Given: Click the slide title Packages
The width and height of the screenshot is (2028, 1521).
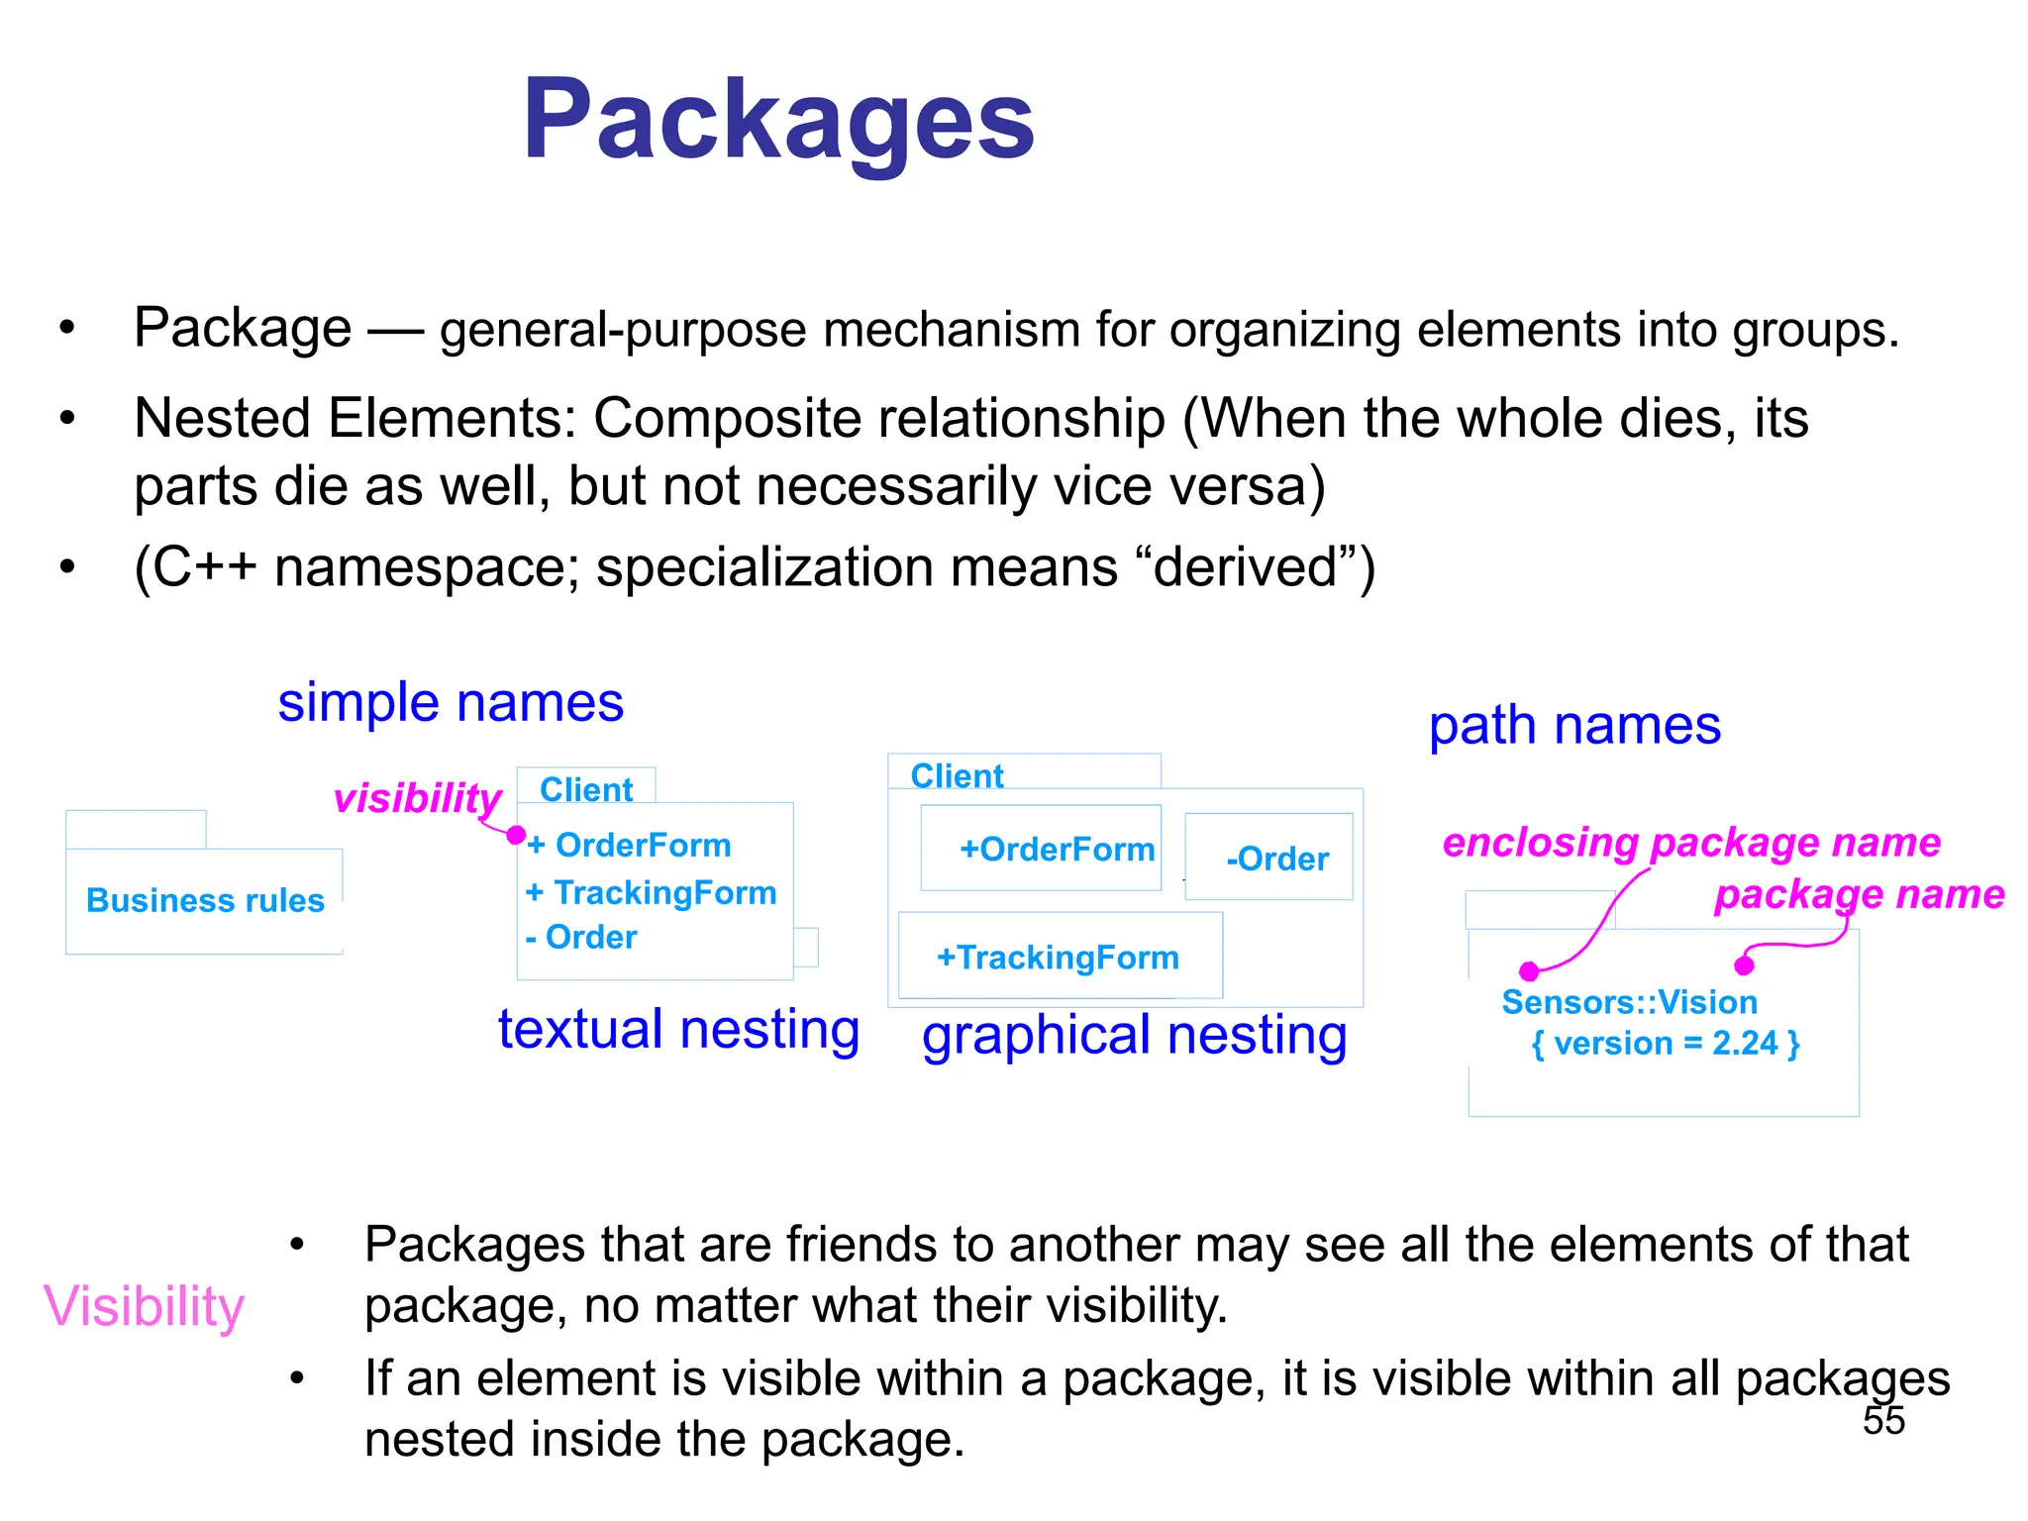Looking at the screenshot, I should click(x=778, y=121).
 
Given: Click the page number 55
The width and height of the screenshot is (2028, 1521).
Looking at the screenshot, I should click(x=1882, y=1420).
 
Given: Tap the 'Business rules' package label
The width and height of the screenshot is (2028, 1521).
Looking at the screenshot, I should click(x=205, y=900).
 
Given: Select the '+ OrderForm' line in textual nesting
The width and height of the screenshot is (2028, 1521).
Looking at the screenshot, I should click(x=630, y=845).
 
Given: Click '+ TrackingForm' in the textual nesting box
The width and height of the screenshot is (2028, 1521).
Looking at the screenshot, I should click(x=651, y=892).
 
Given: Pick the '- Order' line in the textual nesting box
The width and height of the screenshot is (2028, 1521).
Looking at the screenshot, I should click(x=581, y=937).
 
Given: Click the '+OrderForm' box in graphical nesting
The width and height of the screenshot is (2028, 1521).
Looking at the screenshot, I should click(x=1042, y=849).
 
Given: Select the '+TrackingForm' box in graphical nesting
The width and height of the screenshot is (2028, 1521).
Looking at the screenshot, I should click(x=1059, y=957).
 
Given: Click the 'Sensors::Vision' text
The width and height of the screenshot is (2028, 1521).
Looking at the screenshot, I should click(x=1629, y=1002).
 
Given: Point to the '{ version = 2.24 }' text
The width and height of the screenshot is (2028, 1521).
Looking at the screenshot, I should click(x=1665, y=1043).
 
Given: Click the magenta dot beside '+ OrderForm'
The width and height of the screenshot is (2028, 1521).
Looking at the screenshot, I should click(x=516, y=836).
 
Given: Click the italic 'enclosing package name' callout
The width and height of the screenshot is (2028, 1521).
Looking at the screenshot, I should click(x=1690, y=843).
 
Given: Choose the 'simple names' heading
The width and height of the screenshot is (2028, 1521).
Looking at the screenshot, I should click(x=451, y=703).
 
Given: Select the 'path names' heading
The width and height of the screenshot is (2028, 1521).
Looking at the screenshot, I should click(x=1574, y=726).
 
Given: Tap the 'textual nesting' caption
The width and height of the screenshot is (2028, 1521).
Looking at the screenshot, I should click(x=678, y=1030).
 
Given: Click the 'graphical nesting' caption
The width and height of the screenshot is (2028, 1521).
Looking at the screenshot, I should click(x=1134, y=1036).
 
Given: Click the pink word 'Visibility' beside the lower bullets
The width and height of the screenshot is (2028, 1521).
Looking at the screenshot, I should click(x=145, y=1307).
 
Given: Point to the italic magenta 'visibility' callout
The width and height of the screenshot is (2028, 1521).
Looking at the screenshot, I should click(x=418, y=798).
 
